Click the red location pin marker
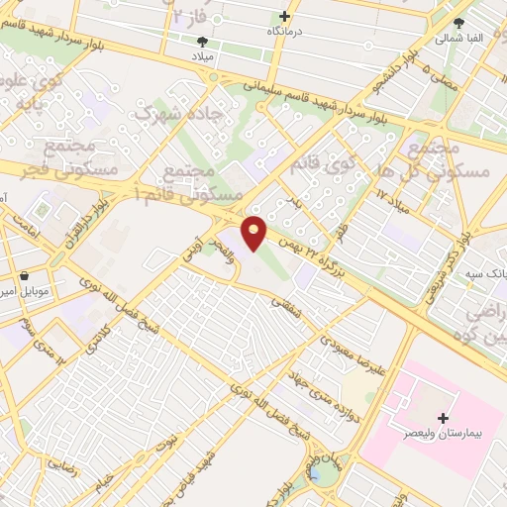coord(255,234)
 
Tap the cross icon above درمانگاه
coord(284,16)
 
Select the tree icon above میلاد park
coord(203,42)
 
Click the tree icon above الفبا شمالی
coord(457,23)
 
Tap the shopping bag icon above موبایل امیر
coord(23,277)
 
